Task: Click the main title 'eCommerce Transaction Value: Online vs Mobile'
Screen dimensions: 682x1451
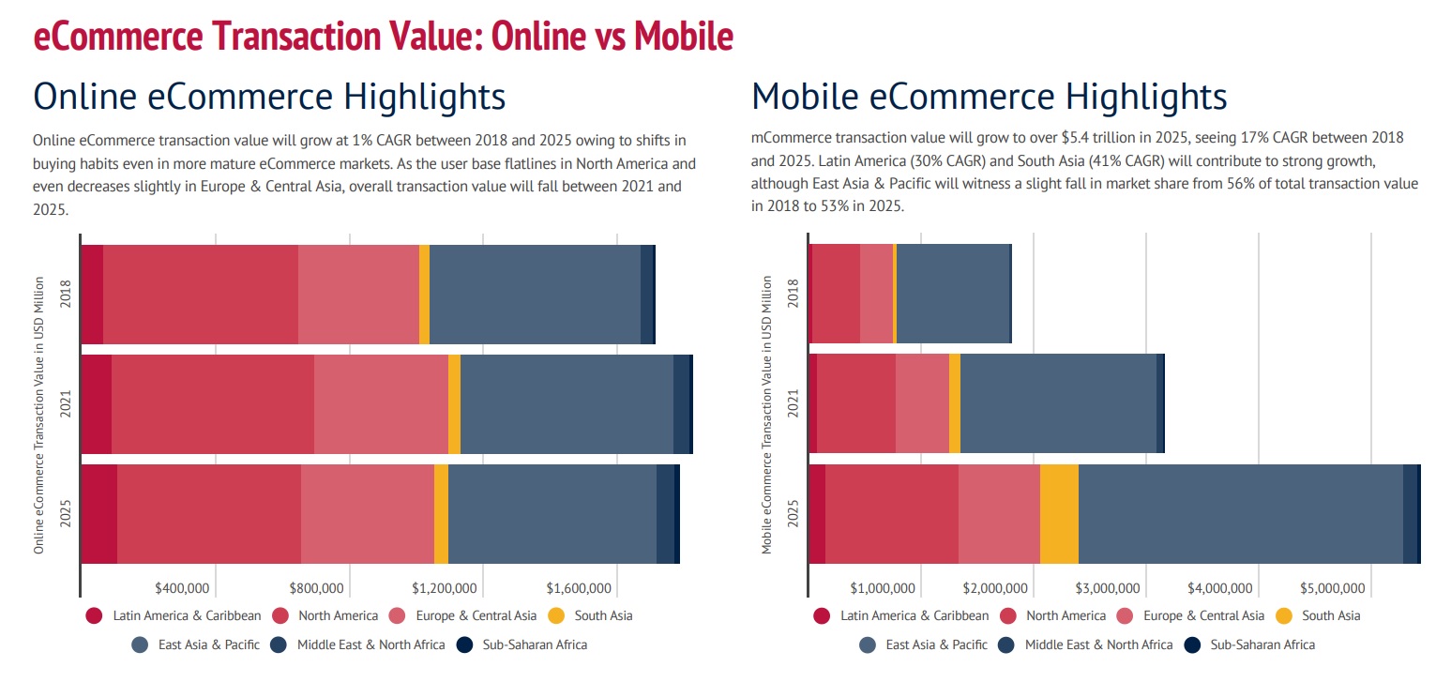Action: coord(383,37)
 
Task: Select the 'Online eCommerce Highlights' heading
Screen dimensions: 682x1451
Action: coord(269,97)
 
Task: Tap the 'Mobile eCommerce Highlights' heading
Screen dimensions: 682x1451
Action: coord(989,97)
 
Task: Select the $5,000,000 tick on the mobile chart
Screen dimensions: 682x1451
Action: coord(1332,588)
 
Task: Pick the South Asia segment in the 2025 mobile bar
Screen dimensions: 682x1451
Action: coord(1059,513)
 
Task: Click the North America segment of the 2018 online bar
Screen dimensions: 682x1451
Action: coord(200,295)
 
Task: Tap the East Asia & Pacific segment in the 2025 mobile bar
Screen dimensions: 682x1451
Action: coord(1240,513)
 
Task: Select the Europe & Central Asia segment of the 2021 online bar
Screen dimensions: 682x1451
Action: coord(381,404)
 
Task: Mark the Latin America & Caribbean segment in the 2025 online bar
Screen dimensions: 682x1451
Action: coord(99,513)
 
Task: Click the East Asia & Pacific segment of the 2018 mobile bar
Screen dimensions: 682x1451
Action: coord(952,293)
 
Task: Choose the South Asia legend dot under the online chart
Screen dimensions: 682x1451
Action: coord(556,616)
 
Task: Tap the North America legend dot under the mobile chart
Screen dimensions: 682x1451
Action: coord(1009,616)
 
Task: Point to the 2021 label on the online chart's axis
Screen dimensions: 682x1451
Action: coord(66,404)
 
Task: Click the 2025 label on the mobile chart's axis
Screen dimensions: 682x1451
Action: coord(794,513)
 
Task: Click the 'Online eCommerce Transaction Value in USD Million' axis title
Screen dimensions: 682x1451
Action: coord(39,415)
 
